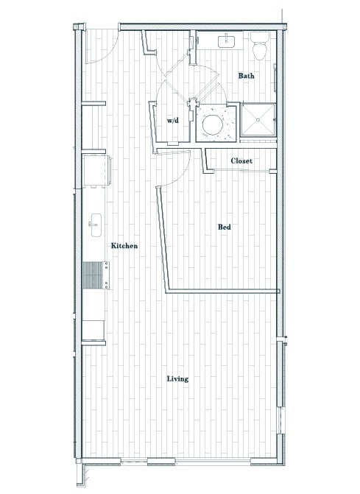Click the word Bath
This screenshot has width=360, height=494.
tap(247, 76)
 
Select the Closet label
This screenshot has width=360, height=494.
tap(241, 160)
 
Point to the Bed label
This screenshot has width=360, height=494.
tap(225, 227)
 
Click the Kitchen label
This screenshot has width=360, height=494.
tap(124, 246)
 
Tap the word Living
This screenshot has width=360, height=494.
tap(177, 379)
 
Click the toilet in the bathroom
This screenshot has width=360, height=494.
tap(258, 47)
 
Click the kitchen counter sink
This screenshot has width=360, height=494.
tap(95, 222)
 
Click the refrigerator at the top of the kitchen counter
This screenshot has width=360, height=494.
tap(96, 172)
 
